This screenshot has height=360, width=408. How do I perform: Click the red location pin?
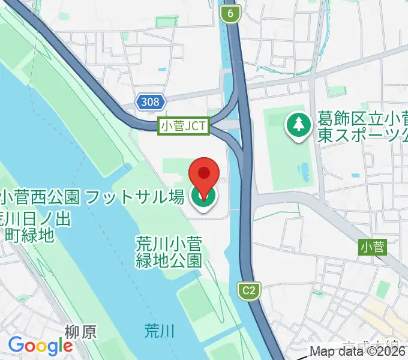(204, 174)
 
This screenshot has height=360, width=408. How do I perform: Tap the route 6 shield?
(230, 12)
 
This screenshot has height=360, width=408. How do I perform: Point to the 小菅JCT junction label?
(183, 126)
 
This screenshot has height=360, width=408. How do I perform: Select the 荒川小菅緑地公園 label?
(169, 252)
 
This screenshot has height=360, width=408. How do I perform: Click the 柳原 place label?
(80, 331)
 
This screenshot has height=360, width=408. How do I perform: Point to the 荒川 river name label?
(160, 329)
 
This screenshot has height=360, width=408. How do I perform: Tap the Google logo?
(40, 346)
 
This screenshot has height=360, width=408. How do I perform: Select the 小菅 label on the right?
(373, 246)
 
